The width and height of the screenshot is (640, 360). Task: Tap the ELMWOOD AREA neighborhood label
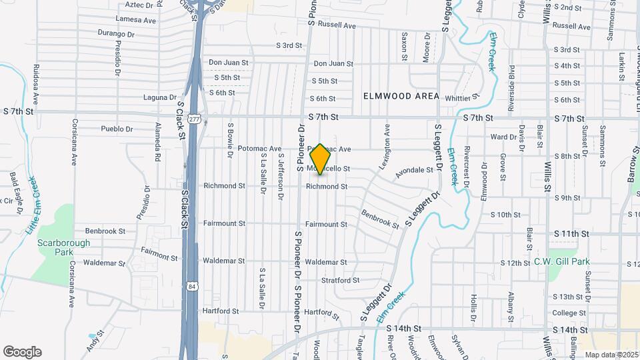pos(401,96)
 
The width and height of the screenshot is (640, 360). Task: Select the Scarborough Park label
pos(63,248)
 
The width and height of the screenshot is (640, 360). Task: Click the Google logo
pos(22,352)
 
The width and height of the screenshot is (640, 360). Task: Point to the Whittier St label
pos(462,98)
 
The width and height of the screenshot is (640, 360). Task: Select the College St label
pos(569,313)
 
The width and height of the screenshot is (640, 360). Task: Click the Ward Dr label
pos(499,137)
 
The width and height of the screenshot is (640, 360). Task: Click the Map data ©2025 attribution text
pos(611,354)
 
